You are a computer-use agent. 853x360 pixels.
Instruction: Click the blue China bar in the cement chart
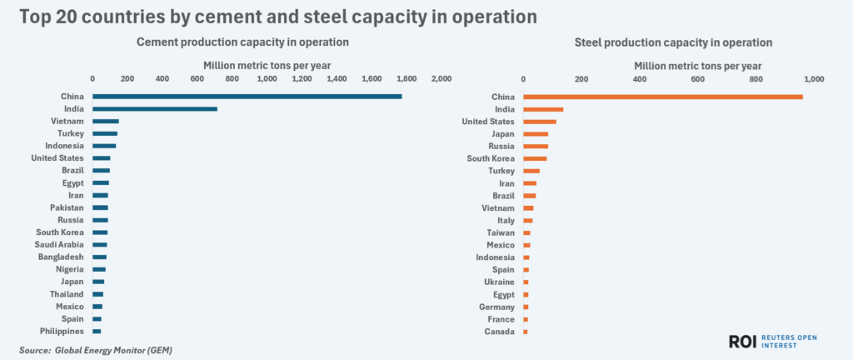(247, 97)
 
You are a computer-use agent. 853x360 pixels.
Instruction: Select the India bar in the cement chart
(154, 109)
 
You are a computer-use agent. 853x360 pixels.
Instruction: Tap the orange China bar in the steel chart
(662, 97)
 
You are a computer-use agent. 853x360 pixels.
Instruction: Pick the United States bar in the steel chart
(540, 122)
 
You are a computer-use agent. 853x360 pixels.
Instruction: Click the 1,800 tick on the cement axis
(406, 78)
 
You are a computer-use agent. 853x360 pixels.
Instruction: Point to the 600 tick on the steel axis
(697, 78)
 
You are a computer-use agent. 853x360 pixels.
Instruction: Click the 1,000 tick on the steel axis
(812, 78)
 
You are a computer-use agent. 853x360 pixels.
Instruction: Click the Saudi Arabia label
(57, 244)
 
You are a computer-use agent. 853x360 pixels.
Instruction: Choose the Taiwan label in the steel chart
(501, 232)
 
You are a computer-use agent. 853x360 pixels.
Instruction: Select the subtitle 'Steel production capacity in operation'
(674, 42)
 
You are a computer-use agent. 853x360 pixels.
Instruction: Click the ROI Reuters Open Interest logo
(771, 342)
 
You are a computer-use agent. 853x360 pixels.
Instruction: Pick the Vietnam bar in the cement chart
(105, 122)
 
